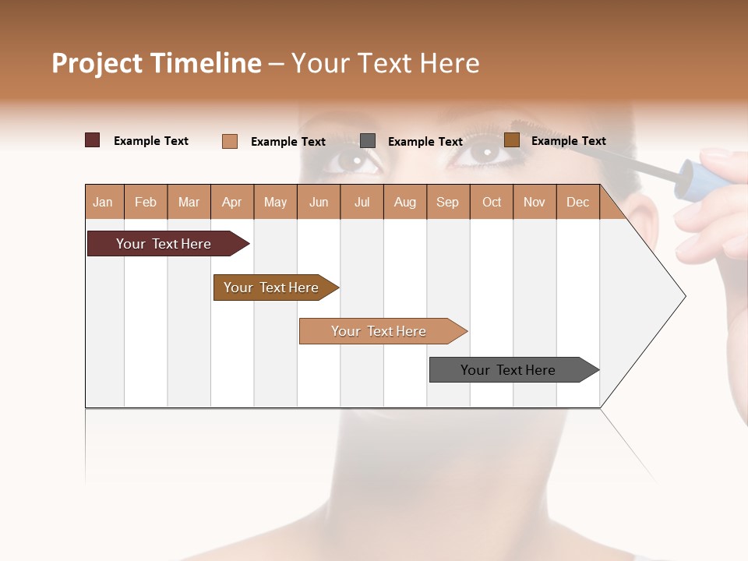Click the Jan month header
pos(104,202)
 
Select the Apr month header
pos(232,202)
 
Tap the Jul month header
pos(362,202)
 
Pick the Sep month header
pos(447,202)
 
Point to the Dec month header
pos(577,202)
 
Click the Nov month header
pos(534,202)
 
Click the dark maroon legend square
pos(92,140)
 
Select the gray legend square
pos(368,140)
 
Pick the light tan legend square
pos(230,141)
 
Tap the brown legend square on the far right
pos(512,140)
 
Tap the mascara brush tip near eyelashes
pos(520,126)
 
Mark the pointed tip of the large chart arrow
pos(684,296)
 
